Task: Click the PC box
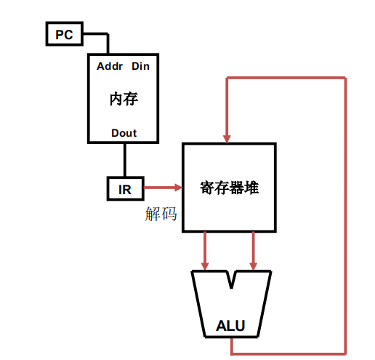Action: tap(65, 33)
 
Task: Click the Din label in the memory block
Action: tap(140, 67)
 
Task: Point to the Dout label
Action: tap(124, 132)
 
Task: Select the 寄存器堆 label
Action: tap(229, 188)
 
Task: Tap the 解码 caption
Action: tap(161, 215)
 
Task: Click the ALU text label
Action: tap(231, 327)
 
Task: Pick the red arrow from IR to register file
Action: tap(161, 188)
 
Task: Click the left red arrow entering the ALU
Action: tap(206, 251)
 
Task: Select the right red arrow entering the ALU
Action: tap(254, 251)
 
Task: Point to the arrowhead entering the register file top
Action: tap(229, 137)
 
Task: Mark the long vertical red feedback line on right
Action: tap(345, 218)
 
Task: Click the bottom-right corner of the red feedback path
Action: tap(345, 353)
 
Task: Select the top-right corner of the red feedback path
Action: tap(345, 76)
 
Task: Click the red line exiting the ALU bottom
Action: tap(231, 347)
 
